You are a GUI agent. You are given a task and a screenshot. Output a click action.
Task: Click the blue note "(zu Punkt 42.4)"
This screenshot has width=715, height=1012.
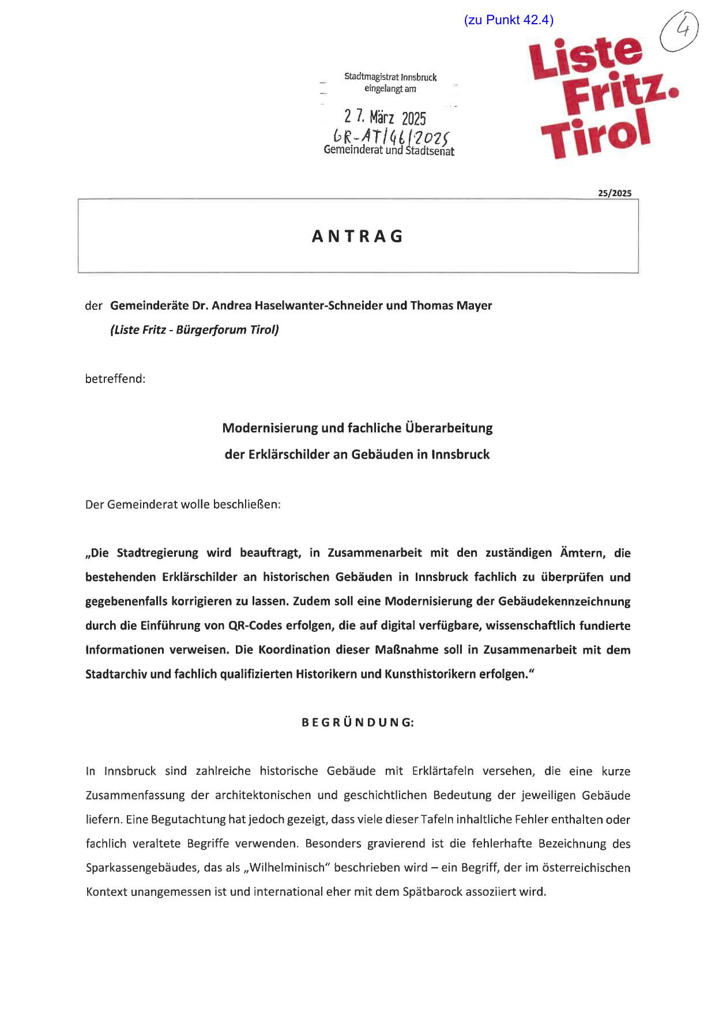point(508,20)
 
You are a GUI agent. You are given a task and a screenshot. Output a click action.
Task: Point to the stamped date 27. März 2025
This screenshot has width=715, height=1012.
point(385,118)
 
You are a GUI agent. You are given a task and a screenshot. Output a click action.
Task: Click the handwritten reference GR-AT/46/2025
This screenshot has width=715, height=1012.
point(390,137)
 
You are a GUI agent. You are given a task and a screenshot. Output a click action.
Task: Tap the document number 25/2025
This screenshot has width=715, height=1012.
point(614,193)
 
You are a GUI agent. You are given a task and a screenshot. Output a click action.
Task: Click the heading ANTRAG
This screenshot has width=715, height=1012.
point(357,237)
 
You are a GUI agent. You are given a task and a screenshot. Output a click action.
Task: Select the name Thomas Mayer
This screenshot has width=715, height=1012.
point(451,305)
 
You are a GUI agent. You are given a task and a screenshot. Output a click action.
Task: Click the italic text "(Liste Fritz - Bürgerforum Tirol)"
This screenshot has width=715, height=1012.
point(194,330)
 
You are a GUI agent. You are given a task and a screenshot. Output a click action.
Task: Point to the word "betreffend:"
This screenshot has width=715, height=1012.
point(115,379)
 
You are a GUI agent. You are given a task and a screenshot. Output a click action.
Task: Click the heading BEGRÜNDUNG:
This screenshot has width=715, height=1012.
point(357,722)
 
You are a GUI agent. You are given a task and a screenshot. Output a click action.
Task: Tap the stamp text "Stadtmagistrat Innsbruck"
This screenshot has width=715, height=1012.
point(390,77)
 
